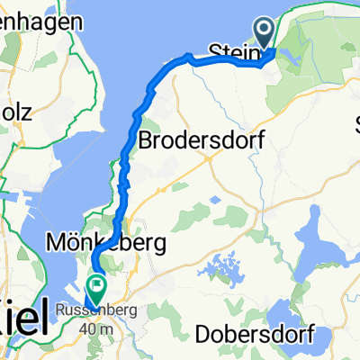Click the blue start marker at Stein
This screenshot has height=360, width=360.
pos(265,33)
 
